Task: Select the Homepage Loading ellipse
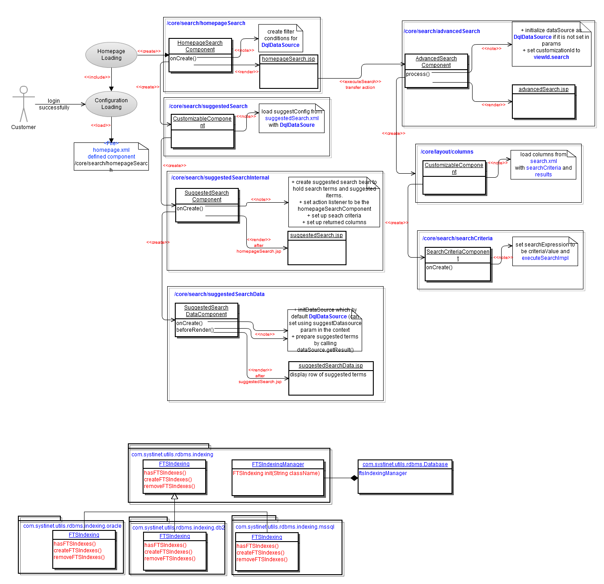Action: [111, 55]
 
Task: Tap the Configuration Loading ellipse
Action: [111, 104]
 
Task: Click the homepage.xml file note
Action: [111, 156]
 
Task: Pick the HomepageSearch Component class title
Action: [200, 46]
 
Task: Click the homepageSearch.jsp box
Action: [288, 71]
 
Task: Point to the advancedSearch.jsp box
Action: [543, 102]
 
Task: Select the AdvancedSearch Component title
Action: [436, 62]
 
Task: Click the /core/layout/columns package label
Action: [447, 152]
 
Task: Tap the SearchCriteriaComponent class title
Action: [458, 255]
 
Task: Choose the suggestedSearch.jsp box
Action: [317, 248]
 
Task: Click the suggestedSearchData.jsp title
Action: [331, 366]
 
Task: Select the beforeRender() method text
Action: [195, 330]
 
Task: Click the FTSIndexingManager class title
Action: [278, 464]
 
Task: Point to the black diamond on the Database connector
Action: [354, 478]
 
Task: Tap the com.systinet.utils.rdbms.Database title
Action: [405, 464]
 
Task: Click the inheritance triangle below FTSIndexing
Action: [174, 496]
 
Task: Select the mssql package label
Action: [285, 527]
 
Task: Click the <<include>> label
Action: [97, 77]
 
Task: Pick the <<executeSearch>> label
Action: [360, 82]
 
